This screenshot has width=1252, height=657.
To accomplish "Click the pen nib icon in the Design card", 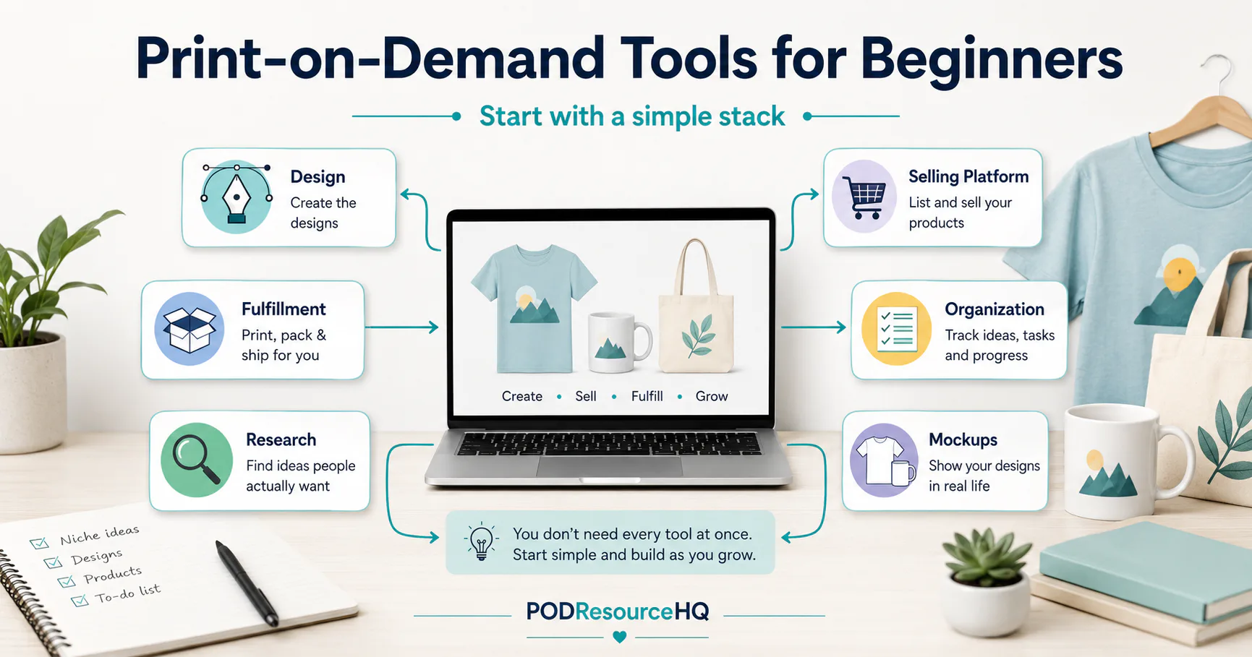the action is point(237,196).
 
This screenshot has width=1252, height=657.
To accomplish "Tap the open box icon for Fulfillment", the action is point(189,329).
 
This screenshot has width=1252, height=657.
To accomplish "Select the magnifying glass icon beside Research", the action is point(196,460).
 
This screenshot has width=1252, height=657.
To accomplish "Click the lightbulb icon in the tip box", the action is point(481,541).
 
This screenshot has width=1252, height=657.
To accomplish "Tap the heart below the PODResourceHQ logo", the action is point(619,637).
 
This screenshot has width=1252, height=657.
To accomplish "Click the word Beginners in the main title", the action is point(991,59).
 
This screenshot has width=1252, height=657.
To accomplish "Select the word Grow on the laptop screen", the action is point(712,396).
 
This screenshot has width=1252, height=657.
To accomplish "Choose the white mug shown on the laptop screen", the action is point(619,342).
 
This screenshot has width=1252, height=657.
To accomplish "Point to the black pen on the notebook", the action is point(247,583).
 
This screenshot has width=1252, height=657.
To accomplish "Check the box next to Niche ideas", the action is point(39,543).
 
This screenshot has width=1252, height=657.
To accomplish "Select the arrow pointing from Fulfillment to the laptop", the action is point(401,327).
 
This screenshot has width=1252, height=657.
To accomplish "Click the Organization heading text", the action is point(995,309).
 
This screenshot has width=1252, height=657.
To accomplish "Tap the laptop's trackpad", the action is point(609,466).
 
